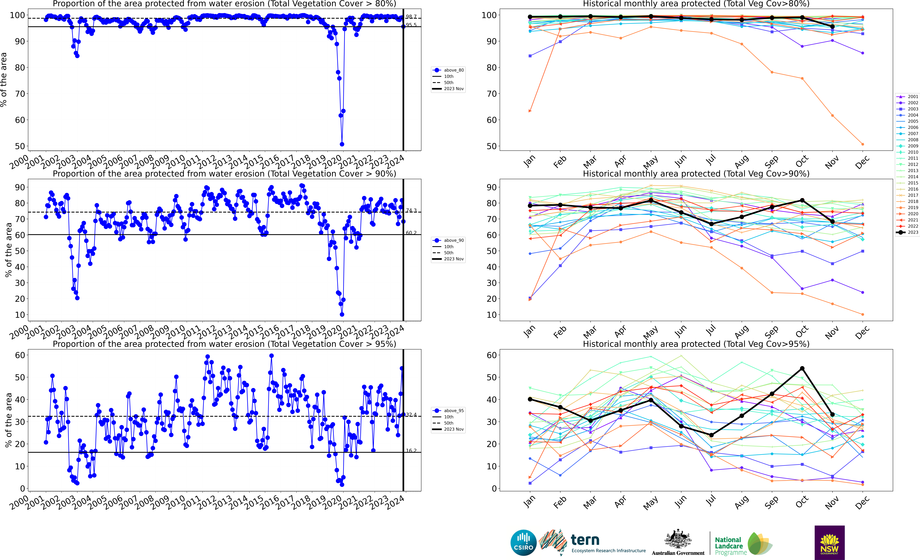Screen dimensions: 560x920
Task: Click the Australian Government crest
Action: pos(678,539)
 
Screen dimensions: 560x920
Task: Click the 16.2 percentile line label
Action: pos(411,451)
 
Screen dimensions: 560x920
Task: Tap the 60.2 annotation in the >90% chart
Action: pos(411,233)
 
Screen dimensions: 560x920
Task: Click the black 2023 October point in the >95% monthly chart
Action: pos(802,368)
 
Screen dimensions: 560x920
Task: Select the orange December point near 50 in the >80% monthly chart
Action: pos(862,144)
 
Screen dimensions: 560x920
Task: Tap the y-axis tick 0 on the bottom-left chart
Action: pos(22,488)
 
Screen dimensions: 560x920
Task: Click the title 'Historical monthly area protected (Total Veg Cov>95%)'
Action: pos(696,344)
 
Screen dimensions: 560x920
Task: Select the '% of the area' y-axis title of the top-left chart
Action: pos(4,80)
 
